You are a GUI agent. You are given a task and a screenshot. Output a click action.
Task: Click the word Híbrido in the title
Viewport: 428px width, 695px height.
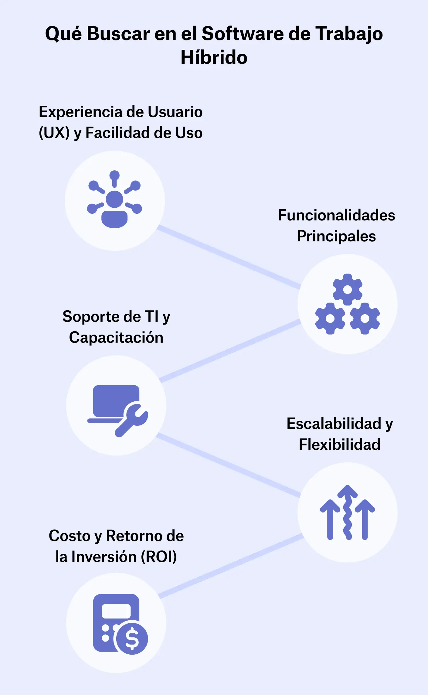tap(214, 57)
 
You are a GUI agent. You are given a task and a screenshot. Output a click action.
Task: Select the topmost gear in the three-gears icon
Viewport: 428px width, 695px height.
tap(347, 289)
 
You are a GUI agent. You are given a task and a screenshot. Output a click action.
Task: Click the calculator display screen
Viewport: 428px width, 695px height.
tap(116, 611)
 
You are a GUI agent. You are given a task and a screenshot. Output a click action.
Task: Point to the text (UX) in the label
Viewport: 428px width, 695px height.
tap(54, 133)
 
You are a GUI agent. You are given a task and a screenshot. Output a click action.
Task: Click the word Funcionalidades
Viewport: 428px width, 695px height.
tap(336, 215)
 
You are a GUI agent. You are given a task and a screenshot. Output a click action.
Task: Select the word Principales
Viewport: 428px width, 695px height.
tap(336, 236)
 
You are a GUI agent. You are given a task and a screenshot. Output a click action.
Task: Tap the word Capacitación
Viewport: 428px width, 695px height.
tap(116, 338)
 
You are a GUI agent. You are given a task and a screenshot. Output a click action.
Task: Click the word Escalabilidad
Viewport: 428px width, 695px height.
tap(334, 424)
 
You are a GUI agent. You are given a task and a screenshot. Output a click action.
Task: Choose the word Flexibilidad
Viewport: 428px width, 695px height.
tap(339, 445)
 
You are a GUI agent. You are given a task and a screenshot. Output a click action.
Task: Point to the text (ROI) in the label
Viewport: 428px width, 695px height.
tap(159, 557)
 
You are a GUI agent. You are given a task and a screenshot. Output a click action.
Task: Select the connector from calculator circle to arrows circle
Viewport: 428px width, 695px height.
tap(231, 566)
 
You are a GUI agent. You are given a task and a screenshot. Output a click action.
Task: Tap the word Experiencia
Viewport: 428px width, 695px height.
tap(80, 112)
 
